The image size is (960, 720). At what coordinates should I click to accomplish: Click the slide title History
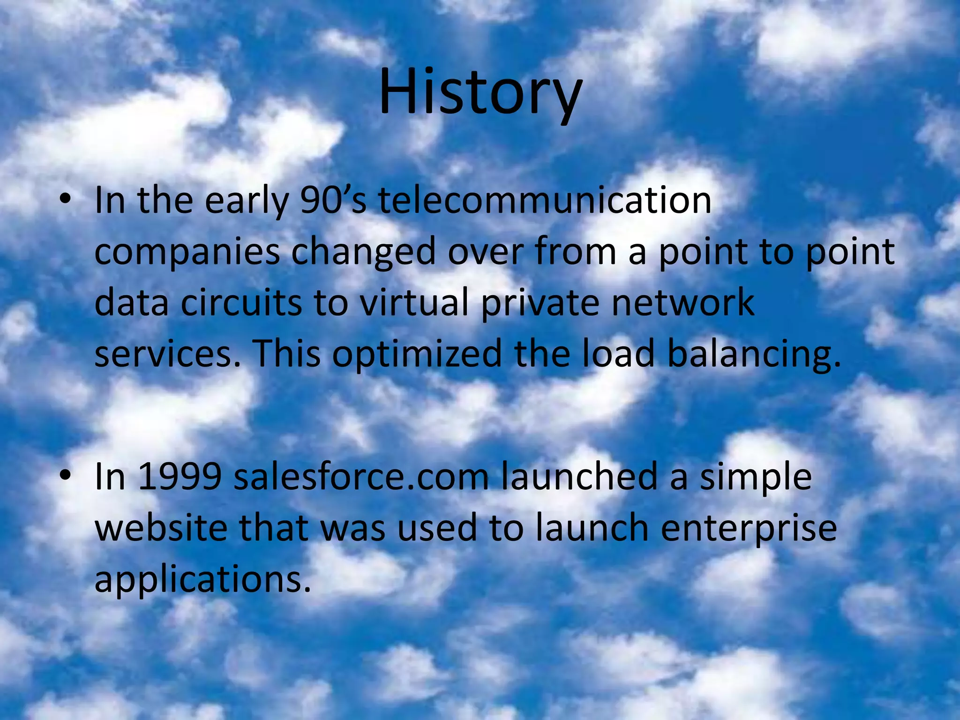(x=480, y=92)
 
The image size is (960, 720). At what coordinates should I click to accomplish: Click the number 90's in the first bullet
(x=333, y=201)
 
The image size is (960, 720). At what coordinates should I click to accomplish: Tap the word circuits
(x=241, y=303)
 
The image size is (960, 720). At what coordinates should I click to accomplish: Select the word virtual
(x=414, y=303)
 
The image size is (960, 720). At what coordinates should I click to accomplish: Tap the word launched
(x=579, y=477)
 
